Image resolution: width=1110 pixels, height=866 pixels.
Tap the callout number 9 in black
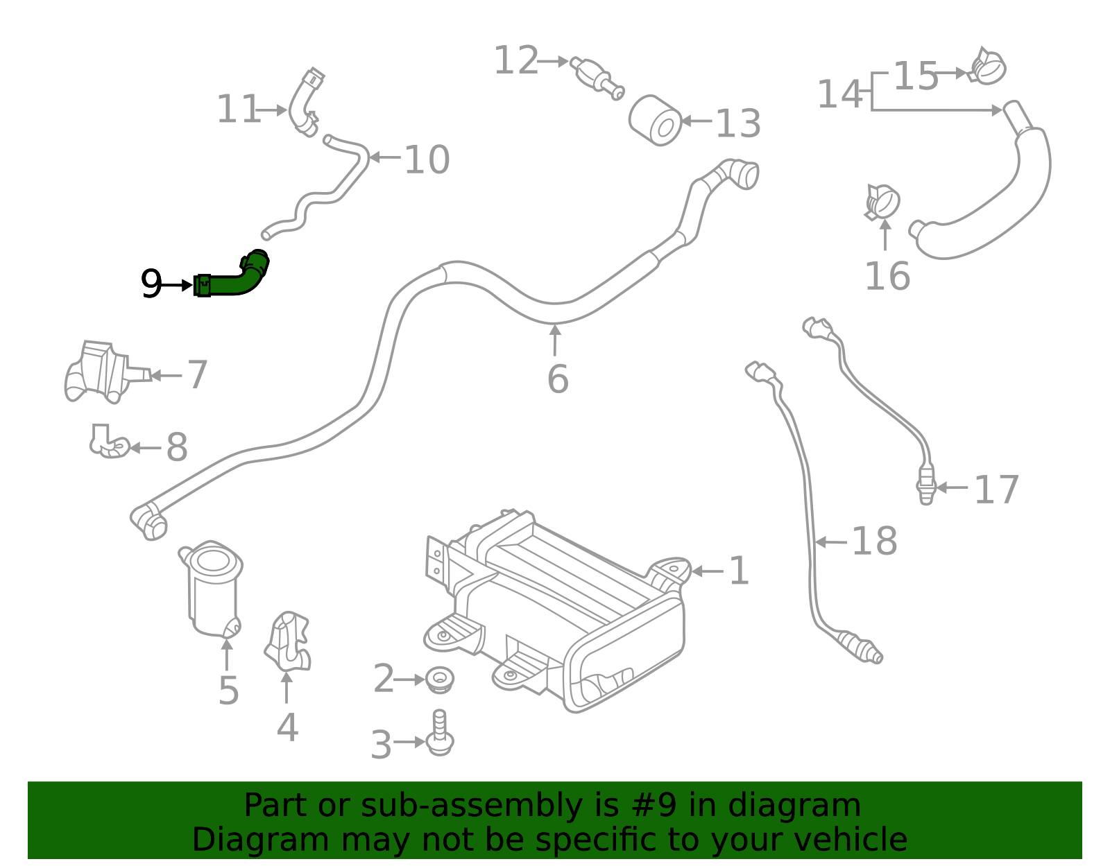click(x=151, y=284)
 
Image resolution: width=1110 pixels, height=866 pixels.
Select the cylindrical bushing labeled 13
click(x=656, y=121)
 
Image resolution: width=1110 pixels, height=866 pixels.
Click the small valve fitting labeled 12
click(x=597, y=76)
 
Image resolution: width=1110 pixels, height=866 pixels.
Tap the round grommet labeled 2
click(x=439, y=679)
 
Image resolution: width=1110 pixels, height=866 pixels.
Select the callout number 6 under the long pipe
click(x=557, y=379)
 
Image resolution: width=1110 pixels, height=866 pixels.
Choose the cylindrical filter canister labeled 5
click(x=214, y=589)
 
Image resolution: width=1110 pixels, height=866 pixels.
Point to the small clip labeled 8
click(x=108, y=442)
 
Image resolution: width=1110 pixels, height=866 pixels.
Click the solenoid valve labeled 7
click(x=101, y=372)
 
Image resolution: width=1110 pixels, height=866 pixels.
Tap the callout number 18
click(x=873, y=541)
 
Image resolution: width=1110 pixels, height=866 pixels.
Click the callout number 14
click(x=839, y=94)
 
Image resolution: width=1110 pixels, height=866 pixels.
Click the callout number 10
click(x=426, y=159)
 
